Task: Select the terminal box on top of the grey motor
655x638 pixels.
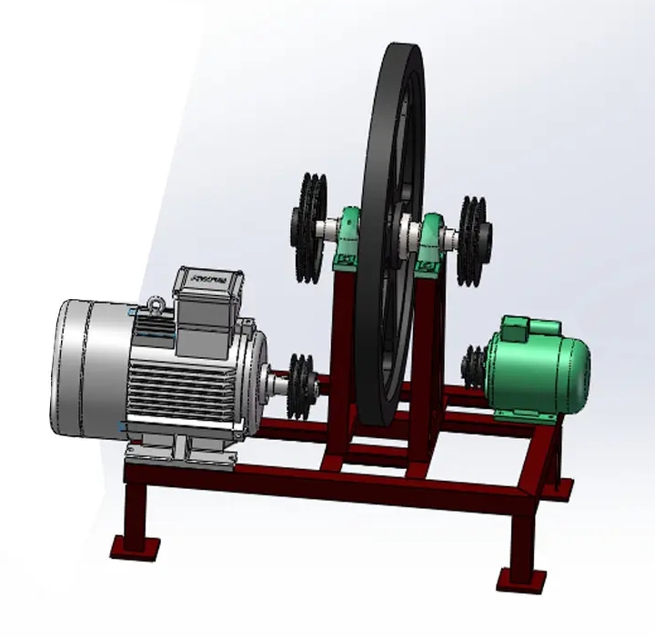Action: [209, 300]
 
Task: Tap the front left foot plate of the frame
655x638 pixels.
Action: [135, 547]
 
